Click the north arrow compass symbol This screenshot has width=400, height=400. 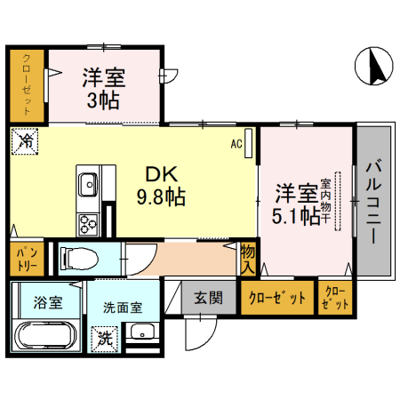[374, 67]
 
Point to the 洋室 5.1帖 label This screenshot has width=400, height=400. [297, 204]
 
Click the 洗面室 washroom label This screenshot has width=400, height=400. [121, 308]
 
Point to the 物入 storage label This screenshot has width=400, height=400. [248, 260]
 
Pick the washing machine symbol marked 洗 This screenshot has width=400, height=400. [106, 338]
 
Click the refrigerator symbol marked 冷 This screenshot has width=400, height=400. [27, 140]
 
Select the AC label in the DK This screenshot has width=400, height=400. [237, 141]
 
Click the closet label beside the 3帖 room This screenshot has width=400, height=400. [27, 86]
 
